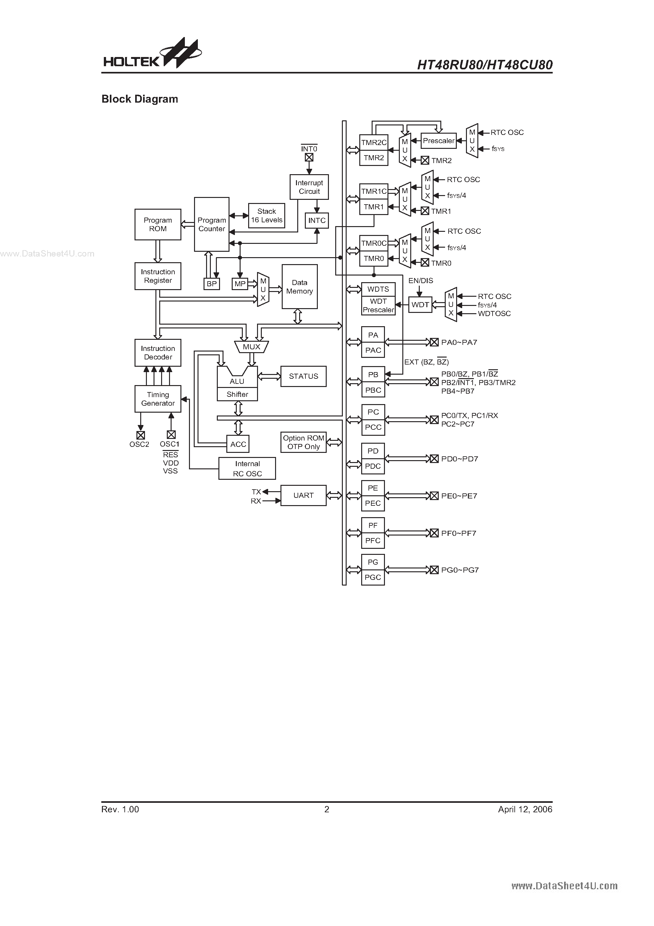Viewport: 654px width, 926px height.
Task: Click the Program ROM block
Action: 158,224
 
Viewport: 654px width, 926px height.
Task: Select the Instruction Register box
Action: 158,276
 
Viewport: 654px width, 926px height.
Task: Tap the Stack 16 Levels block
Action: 267,216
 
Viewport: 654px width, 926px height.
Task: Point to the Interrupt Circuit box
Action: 309,187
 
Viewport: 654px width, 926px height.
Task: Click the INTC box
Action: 317,221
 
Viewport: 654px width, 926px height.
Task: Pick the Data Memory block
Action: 299,287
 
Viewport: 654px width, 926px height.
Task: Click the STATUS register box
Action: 303,376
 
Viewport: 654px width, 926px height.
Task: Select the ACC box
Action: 238,444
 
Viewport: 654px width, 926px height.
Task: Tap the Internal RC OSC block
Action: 247,469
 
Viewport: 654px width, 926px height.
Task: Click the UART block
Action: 303,495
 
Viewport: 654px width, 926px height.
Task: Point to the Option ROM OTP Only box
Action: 303,442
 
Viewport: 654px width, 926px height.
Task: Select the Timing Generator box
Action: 158,399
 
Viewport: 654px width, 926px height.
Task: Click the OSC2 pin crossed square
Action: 140,435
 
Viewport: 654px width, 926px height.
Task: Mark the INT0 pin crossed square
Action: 309,158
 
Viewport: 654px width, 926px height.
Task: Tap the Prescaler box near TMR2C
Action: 438,141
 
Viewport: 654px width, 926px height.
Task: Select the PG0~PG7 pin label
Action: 460,570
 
